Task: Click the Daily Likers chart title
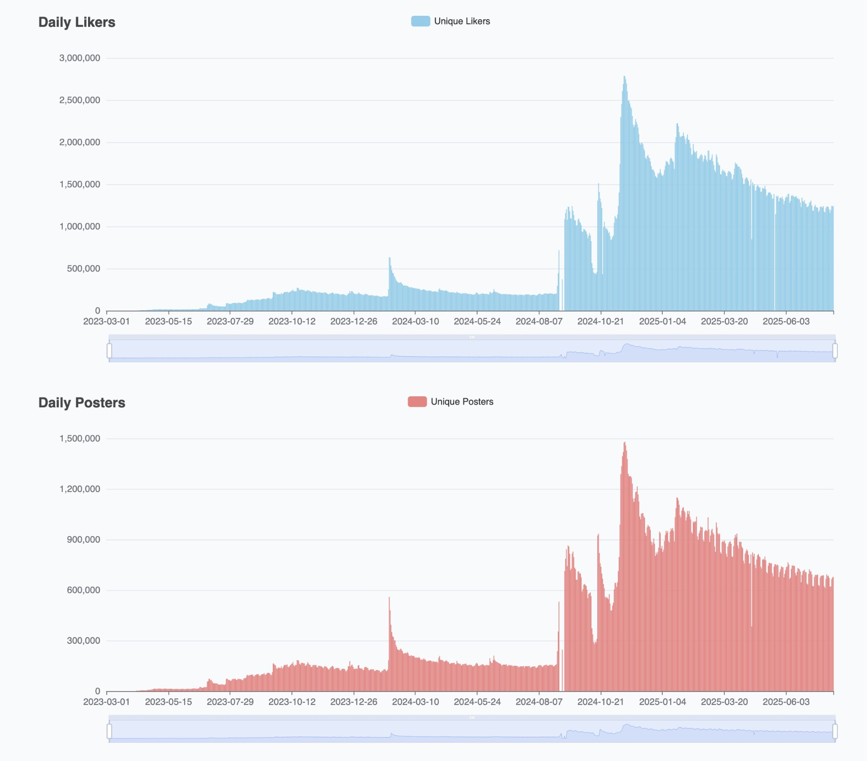[x=77, y=22]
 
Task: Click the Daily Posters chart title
[x=82, y=403]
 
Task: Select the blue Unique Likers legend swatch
[x=420, y=21]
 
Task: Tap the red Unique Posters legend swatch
[x=417, y=402]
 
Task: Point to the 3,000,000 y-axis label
[x=79, y=58]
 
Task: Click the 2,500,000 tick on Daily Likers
[x=79, y=100]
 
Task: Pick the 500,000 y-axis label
[x=83, y=269]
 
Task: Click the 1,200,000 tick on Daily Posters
[x=79, y=489]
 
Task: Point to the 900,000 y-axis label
[x=83, y=539]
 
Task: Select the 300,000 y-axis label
[x=83, y=640]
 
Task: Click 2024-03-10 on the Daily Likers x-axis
[x=415, y=321]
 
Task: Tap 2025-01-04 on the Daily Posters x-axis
[x=662, y=702]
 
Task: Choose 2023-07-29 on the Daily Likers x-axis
[x=230, y=321]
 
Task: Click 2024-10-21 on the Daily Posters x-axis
[x=600, y=702]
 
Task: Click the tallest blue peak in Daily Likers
[x=624, y=78]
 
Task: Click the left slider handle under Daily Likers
[x=109, y=350]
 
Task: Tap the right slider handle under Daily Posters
[x=835, y=731]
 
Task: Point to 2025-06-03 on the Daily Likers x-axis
[x=786, y=321]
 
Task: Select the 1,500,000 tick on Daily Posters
[x=79, y=438]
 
